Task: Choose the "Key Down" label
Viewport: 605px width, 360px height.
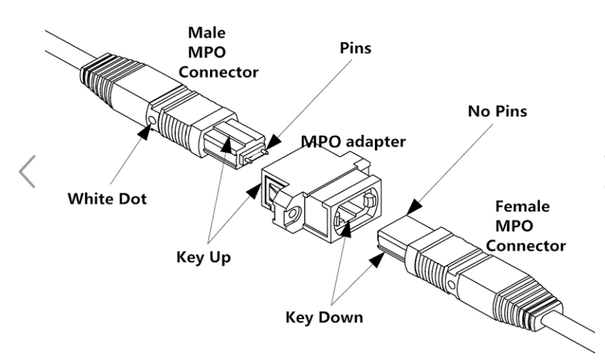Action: pos(324,316)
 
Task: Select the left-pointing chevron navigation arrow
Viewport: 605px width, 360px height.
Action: pos(26,171)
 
